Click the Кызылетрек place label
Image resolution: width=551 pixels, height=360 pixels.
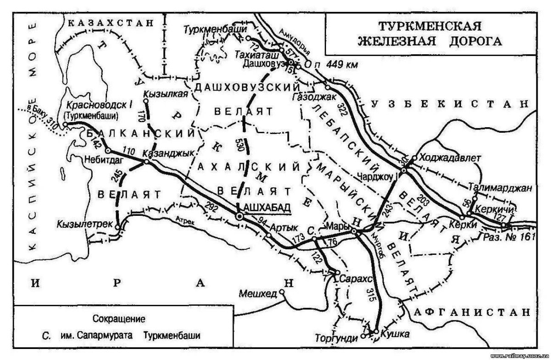pyautogui.click(x=85, y=224)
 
